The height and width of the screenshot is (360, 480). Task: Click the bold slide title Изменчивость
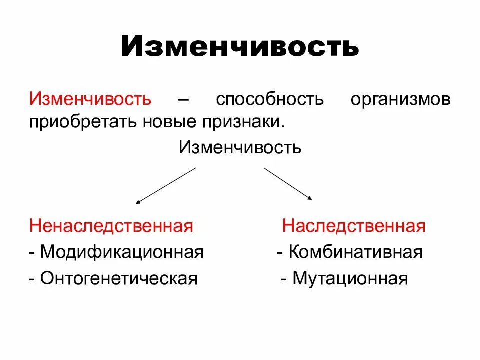click(240, 46)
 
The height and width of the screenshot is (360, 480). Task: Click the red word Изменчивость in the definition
click(90, 98)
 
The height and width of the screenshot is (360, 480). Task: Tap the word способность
click(270, 99)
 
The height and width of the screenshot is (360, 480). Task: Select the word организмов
click(400, 99)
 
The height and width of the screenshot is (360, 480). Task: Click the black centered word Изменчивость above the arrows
click(240, 147)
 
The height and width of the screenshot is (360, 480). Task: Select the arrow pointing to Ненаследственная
click(166, 185)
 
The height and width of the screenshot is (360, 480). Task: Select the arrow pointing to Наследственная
click(288, 183)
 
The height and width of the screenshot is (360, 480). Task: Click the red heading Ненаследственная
click(111, 226)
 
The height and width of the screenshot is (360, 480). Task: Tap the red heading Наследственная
click(354, 226)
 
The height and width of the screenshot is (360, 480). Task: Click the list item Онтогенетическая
click(119, 278)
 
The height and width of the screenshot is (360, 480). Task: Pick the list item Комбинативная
click(355, 252)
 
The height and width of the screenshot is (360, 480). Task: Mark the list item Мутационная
click(350, 278)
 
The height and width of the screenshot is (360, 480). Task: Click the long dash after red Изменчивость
click(183, 99)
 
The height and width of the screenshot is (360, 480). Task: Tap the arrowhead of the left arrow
click(137, 202)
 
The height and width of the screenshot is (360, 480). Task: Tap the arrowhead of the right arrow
click(310, 199)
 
